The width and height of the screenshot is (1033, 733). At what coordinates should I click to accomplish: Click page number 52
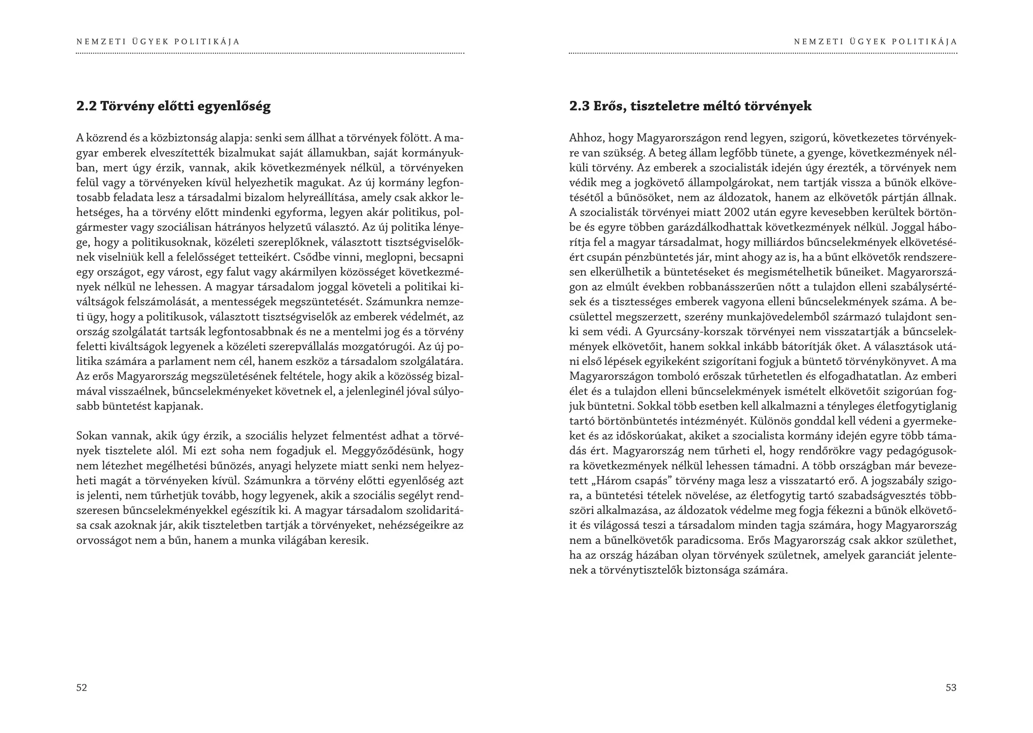click(x=82, y=688)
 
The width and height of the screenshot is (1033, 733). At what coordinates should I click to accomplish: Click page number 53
click(x=951, y=688)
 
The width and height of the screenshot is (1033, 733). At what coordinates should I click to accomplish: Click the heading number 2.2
click(x=86, y=106)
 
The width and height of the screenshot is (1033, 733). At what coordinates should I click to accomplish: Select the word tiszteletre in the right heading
click(x=659, y=106)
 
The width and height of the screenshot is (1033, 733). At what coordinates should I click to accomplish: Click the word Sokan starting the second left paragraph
click(x=90, y=436)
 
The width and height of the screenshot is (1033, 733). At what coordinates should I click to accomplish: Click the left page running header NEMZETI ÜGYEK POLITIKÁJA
click(x=158, y=42)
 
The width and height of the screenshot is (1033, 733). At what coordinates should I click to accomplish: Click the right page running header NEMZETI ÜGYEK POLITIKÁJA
click(x=875, y=42)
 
